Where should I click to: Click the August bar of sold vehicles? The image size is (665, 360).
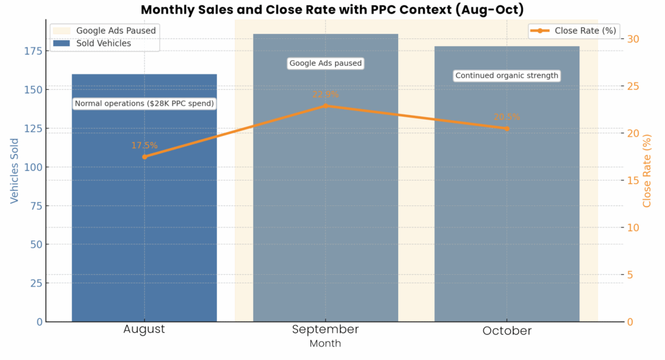coord(144,214)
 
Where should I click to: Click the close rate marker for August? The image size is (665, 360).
coord(144,157)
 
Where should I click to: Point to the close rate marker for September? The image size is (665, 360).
coord(325,105)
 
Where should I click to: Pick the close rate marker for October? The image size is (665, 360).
coord(507,129)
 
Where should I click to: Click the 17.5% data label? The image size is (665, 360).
coord(144,146)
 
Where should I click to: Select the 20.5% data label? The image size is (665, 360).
coord(507,117)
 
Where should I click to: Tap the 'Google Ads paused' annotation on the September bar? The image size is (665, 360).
coord(325,63)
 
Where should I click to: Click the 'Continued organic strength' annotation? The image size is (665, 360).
coord(507,75)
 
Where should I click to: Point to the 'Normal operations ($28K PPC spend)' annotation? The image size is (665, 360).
coord(144,103)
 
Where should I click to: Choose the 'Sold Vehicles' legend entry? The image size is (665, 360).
coord(103,44)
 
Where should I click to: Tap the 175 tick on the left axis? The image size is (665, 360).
coord(34,51)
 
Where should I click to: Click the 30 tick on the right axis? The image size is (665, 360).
coord(633,39)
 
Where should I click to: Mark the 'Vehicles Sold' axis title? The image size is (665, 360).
coord(14,170)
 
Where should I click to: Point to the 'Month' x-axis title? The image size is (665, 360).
coord(325,343)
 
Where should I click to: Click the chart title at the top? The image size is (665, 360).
coord(332,10)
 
